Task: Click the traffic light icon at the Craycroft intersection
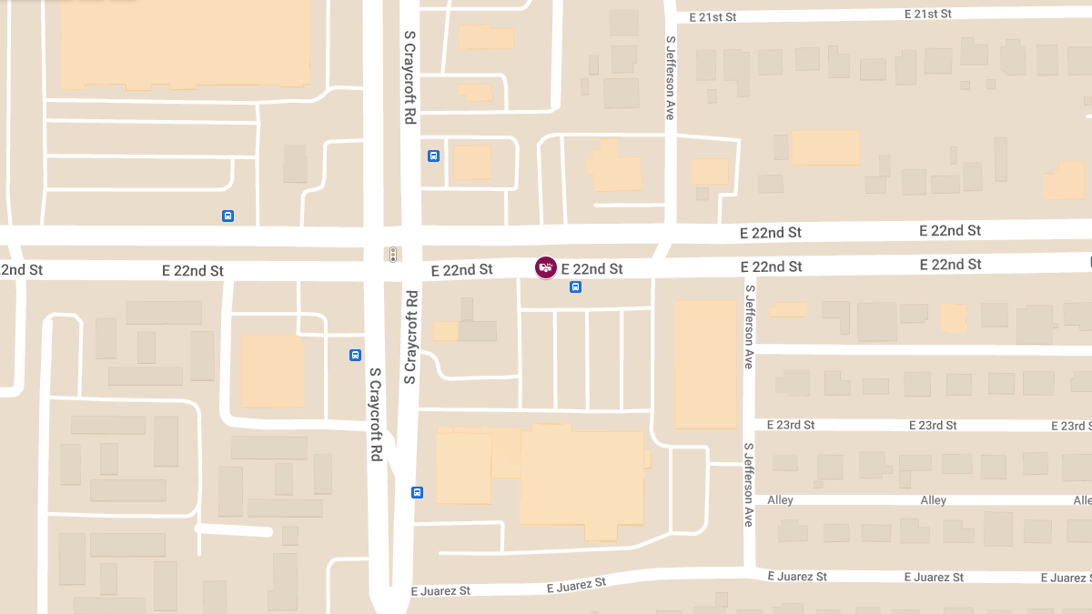[393, 255]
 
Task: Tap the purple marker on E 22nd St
[546, 267]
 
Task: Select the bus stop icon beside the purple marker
[575, 287]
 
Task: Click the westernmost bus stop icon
[227, 216]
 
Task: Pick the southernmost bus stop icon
[417, 493]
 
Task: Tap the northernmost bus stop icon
[433, 156]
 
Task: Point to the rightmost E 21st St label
[927, 14]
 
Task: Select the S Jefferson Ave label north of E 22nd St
[671, 77]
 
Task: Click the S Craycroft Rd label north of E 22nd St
[410, 77]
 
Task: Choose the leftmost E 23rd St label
[791, 425]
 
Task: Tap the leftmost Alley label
[781, 500]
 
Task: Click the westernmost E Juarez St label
[440, 590]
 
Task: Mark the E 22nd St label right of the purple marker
[591, 269]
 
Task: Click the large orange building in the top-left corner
[186, 43]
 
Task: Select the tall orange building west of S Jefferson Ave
[704, 364]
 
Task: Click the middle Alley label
[933, 500]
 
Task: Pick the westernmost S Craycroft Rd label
[375, 414]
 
